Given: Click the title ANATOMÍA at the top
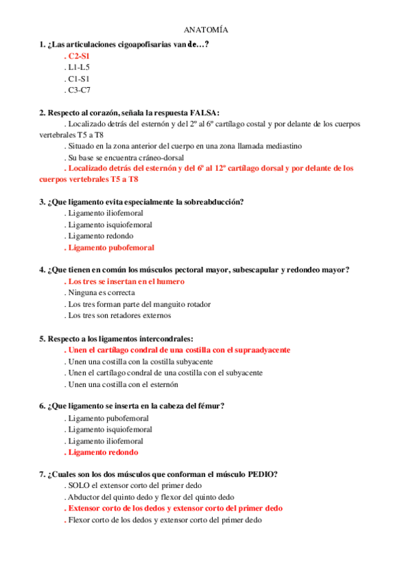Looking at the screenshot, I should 206,30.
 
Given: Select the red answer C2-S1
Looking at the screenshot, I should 80,56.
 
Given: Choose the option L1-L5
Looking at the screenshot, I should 78,67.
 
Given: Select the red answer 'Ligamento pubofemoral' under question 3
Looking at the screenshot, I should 110,247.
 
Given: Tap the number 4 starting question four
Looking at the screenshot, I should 42,270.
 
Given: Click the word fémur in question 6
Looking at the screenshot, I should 208,406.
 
